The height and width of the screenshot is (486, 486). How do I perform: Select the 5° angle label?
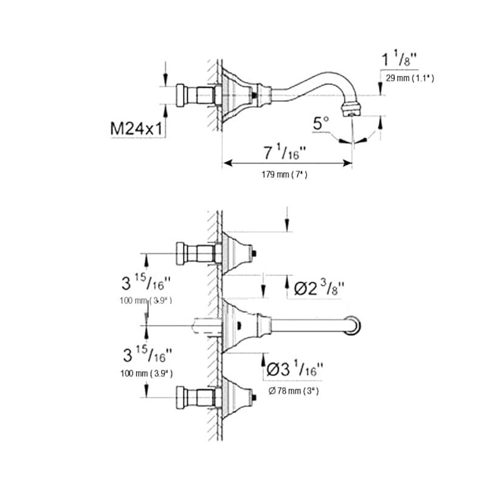[x=320, y=124]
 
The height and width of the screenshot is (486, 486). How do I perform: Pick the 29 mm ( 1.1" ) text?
[x=407, y=79]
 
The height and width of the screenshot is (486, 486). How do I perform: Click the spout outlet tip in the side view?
[x=352, y=111]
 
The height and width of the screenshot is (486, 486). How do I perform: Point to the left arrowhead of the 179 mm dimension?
[x=227, y=163]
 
